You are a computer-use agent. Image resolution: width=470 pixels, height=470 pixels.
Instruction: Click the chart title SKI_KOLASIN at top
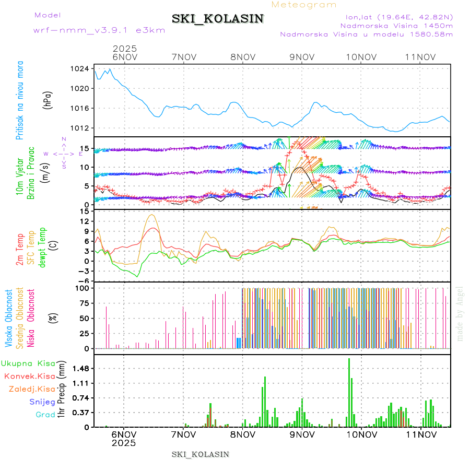[218, 19]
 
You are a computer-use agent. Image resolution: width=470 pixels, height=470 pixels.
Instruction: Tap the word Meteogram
[304, 5]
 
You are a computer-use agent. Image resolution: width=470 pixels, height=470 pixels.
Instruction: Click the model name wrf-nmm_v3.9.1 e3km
[99, 30]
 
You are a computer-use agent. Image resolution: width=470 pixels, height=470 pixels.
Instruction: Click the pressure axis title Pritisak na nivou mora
[19, 102]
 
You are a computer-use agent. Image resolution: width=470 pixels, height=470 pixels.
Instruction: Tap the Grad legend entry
[45, 415]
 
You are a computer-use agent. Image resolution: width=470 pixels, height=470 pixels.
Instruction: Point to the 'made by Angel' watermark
[460, 313]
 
